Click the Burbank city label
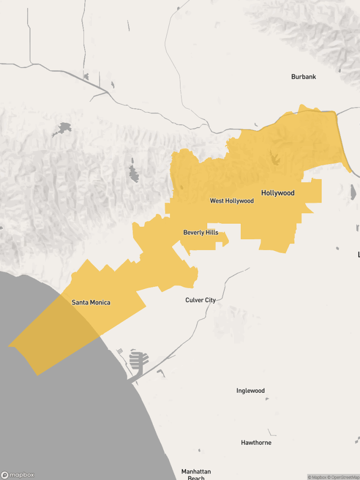pyautogui.click(x=303, y=77)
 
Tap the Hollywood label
pyautogui.click(x=277, y=193)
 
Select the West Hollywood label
pyautogui.click(x=232, y=201)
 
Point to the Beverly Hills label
pyautogui.click(x=201, y=232)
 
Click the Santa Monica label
pyautogui.click(x=91, y=302)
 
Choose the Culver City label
pyautogui.click(x=201, y=300)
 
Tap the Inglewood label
pyautogui.click(x=250, y=391)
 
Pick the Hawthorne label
pyautogui.click(x=256, y=442)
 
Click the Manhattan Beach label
pyautogui.click(x=196, y=474)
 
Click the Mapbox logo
pyautogui.click(x=17, y=475)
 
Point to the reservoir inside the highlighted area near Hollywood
pyautogui.click(x=274, y=159)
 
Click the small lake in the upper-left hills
pyautogui.click(x=63, y=128)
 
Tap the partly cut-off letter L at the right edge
pyautogui.click(x=358, y=255)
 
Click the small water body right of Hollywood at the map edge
pyautogui.click(x=353, y=192)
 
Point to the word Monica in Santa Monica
pyautogui.click(x=100, y=302)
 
